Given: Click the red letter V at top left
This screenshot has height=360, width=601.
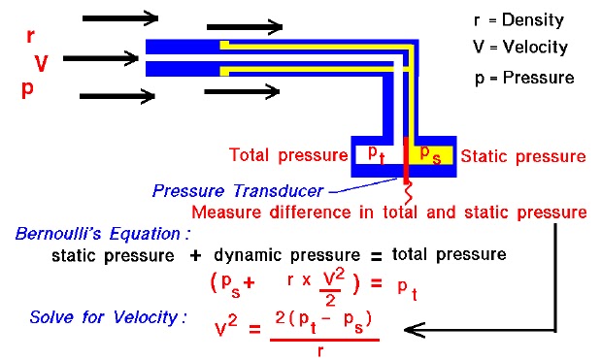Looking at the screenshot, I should pyautogui.click(x=42, y=64).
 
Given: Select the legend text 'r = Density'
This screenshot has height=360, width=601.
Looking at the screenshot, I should pyautogui.click(x=518, y=19).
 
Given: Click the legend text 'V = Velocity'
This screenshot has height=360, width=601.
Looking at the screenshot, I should pyautogui.click(x=518, y=47).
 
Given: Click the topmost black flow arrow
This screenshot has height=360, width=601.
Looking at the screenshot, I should pyautogui.click(x=120, y=17).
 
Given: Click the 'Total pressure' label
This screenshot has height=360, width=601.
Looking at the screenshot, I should pyautogui.click(x=286, y=155).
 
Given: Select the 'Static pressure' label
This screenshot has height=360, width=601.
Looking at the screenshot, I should pyautogui.click(x=522, y=155).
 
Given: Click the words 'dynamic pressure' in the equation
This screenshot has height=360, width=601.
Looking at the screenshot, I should pyautogui.click(x=288, y=255).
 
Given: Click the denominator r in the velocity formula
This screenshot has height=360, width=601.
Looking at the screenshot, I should pyautogui.click(x=319, y=349).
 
